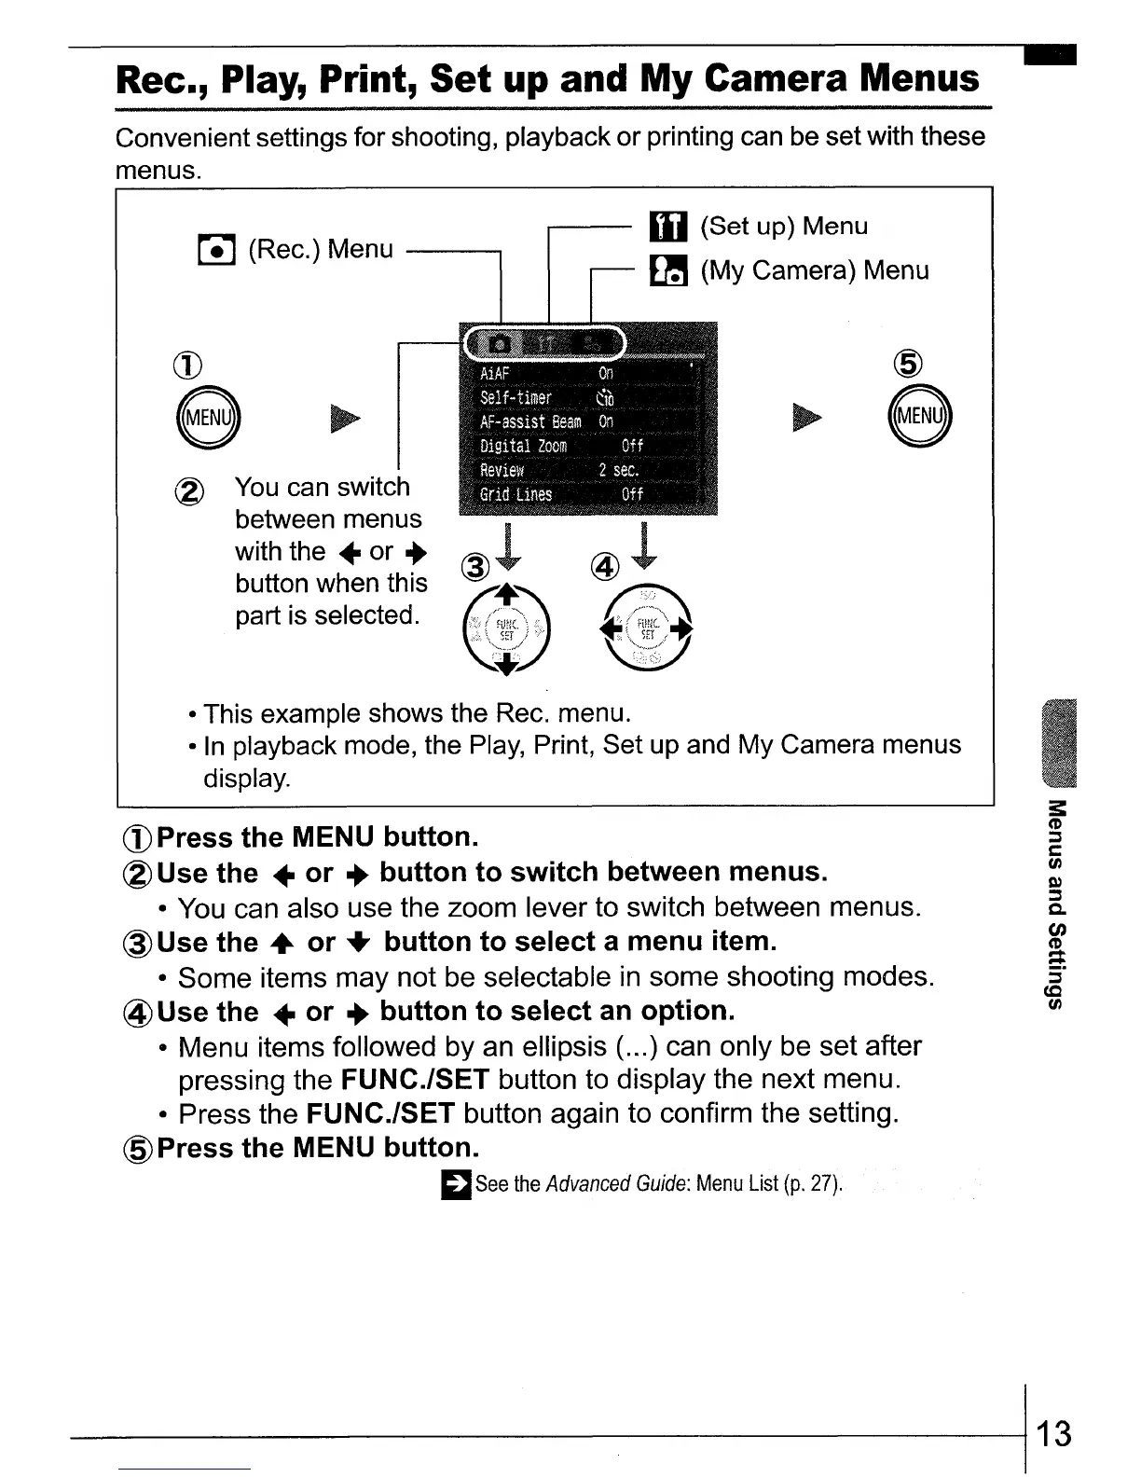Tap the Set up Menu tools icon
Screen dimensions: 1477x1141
coord(667,227)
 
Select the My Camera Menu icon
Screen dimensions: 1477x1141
coord(667,270)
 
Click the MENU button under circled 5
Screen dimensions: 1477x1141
coord(921,416)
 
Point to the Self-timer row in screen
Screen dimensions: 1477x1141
coord(587,397)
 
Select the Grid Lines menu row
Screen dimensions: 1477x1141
coord(587,494)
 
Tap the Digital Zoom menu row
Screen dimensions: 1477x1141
coord(587,446)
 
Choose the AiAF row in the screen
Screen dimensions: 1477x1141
coord(587,373)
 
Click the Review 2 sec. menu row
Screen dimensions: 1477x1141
coord(587,470)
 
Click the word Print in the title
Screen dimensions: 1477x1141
coord(369,79)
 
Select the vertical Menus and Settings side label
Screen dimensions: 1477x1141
coord(1056,904)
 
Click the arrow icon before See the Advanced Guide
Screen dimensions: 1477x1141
coord(456,1184)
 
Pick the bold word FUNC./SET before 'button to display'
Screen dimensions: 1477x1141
coord(415,1080)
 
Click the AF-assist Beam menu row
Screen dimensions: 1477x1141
coord(587,421)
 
